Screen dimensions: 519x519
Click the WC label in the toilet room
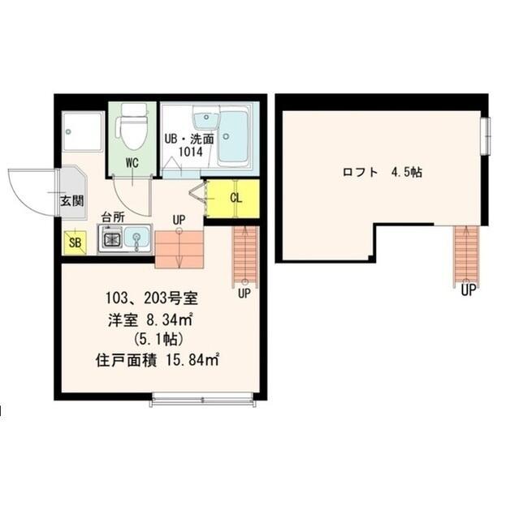coord(132,162)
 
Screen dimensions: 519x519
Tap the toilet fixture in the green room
coord(132,127)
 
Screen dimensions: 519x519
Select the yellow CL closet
coord(233,198)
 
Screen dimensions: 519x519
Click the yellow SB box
coord(76,242)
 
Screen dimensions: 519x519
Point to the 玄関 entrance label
coord(72,201)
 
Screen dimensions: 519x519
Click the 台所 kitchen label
coord(113,217)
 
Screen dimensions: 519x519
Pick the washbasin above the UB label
coord(206,118)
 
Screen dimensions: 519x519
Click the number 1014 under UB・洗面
coord(190,152)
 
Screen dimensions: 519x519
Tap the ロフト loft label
coord(361,173)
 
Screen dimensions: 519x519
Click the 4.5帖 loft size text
coord(407,172)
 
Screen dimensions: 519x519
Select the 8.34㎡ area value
coord(170,320)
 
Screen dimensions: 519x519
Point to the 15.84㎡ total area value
coord(192,360)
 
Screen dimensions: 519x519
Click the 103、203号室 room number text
coord(152,298)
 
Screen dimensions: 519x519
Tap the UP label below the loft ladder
coord(469,290)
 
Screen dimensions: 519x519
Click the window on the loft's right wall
coord(485,136)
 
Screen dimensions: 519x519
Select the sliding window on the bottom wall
coord(202,400)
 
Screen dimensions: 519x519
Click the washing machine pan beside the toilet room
coord(82,131)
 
